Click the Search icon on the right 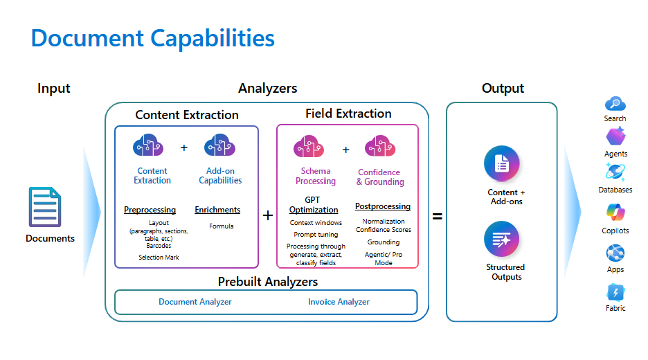615,104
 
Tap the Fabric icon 615,292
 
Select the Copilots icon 615,213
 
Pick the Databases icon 615,172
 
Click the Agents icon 615,136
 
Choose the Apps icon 615,253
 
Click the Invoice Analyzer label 339,302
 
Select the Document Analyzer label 195,302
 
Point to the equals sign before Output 438,216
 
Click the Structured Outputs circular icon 502,240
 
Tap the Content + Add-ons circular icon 502,164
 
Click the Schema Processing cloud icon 309,146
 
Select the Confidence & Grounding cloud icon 379,146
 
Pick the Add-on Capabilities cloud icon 220,146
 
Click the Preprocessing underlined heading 150,210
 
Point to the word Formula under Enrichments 222,226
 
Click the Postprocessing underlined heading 383,206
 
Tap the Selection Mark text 159,258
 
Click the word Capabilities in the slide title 205,38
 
